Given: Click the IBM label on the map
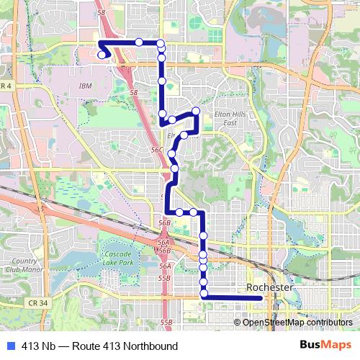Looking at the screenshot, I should click(86, 86).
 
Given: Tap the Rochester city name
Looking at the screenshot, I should click(269, 287).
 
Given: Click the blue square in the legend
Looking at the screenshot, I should click(8, 346).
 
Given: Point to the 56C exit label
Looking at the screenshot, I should click(157, 148).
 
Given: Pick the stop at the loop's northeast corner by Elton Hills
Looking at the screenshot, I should click(195, 110).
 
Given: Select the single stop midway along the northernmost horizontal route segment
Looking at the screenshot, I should click(138, 42).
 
